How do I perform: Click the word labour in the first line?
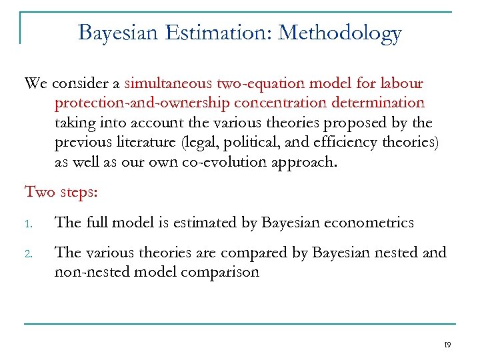pyautogui.click(x=401, y=83)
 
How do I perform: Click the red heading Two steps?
pyautogui.click(x=61, y=192)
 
